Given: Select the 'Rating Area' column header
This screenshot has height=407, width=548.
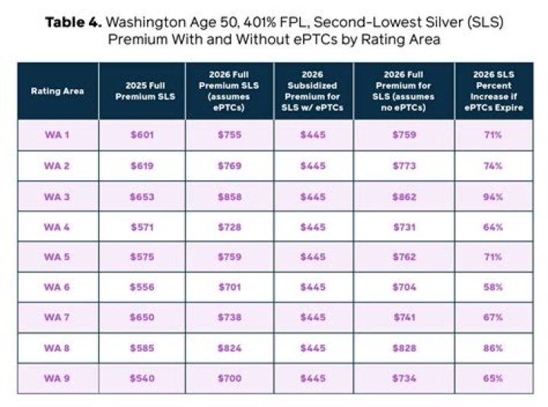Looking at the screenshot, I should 58,91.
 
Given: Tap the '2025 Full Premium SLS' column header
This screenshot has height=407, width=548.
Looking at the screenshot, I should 142,91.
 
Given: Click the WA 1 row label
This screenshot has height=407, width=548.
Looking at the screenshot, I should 58,136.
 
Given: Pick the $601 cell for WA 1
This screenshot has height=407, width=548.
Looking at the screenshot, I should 142,136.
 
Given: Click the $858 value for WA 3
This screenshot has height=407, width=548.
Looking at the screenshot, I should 229,197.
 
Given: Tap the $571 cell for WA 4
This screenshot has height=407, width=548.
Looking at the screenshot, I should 142,227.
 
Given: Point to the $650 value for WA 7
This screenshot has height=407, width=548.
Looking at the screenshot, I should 142,317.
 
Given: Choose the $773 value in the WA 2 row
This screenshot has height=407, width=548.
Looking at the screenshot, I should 404,167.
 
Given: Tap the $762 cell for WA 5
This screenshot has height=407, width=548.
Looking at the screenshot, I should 404,257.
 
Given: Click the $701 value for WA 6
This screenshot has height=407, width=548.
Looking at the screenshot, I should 229,287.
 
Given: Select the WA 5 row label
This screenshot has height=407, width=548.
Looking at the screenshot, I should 58,257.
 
